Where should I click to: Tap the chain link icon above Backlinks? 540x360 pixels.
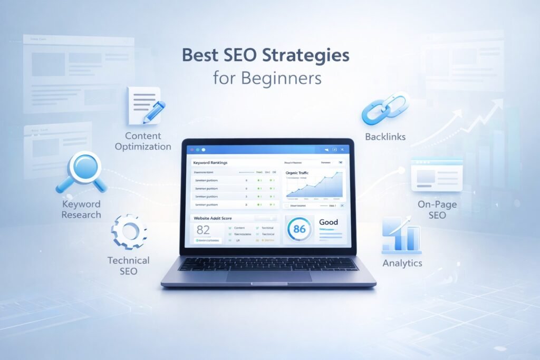pyautogui.click(x=385, y=108)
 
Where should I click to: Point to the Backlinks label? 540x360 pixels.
pyautogui.click(x=385, y=137)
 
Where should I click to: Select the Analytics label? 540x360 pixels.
pyautogui.click(x=402, y=263)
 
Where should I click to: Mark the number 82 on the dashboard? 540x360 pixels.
pyautogui.click(x=203, y=230)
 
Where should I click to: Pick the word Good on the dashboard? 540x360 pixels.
pyautogui.click(x=329, y=222)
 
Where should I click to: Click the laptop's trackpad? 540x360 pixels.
pyautogui.click(x=269, y=276)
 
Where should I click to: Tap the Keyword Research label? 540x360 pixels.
pyautogui.click(x=81, y=209)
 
